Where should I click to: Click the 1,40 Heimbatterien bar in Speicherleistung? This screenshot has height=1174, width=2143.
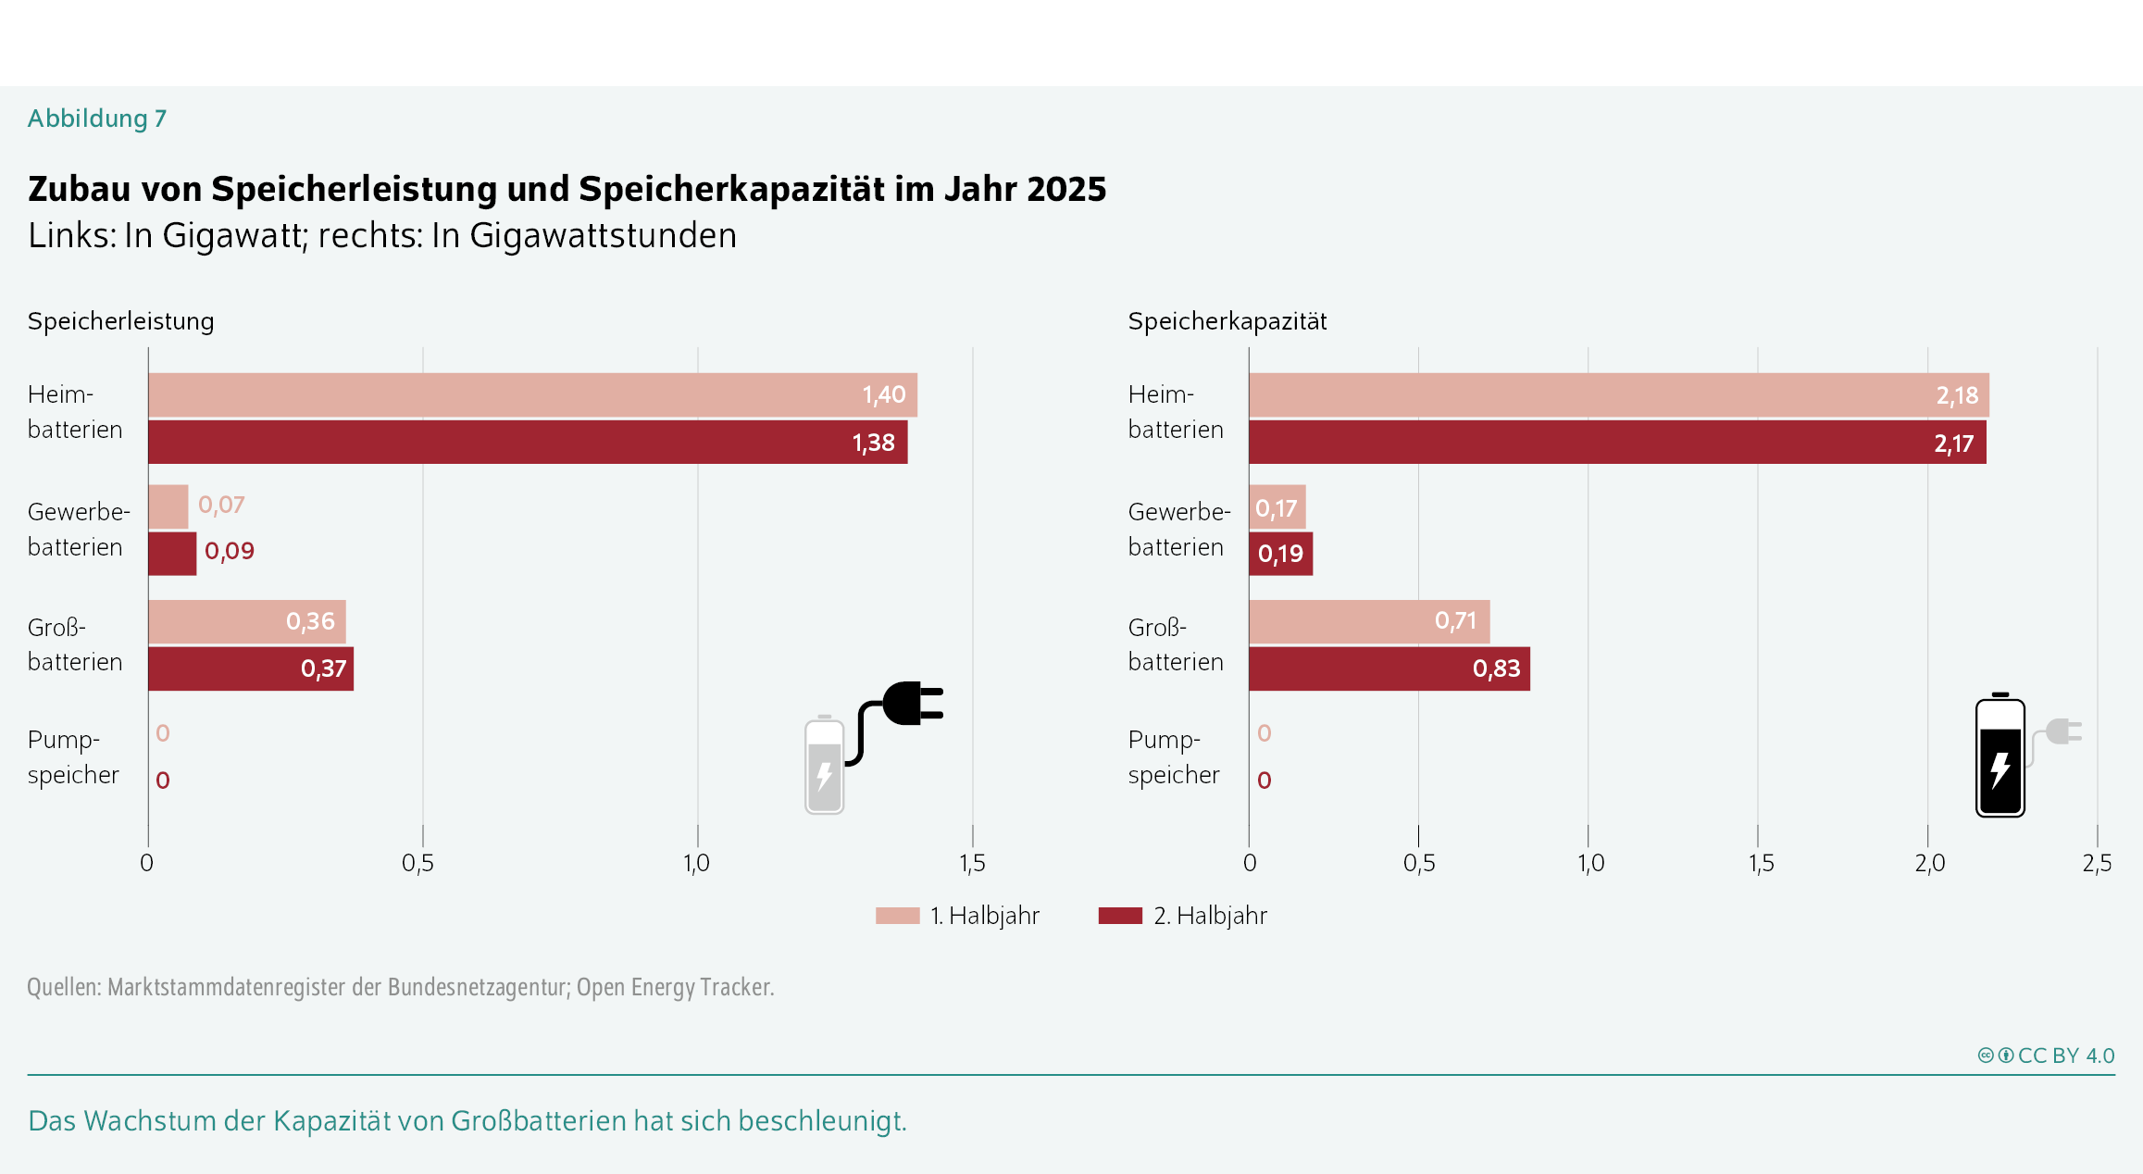pos(532,395)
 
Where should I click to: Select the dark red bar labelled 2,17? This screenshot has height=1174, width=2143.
pos(1617,443)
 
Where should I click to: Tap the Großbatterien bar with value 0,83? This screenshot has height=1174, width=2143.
pos(1389,668)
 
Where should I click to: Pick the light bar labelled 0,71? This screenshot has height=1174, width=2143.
pos(1368,621)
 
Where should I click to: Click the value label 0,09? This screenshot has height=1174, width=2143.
pos(229,552)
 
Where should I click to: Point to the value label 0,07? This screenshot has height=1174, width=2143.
pos(221,506)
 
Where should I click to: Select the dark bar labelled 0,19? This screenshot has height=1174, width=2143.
pos(1280,554)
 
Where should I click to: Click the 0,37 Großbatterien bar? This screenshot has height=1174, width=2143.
pos(250,668)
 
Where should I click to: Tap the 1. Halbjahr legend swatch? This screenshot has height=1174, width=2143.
pos(897,916)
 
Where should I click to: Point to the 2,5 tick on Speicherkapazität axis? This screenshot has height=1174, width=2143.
pos(2097,863)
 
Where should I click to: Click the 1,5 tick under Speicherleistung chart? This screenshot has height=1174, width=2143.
pos(972,863)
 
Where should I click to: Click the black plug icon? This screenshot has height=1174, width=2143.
pos(912,704)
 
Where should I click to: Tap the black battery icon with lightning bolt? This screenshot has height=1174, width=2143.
pos(2000,757)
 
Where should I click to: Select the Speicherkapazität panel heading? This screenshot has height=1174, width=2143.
pos(1227,321)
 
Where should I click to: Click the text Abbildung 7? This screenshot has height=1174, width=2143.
pos(97,119)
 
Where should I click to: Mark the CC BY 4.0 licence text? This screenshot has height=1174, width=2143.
pos(2065,1055)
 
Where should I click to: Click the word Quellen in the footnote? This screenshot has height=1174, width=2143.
pos(63,987)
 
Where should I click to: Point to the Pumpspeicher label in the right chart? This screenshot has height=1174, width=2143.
pos(1173,757)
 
